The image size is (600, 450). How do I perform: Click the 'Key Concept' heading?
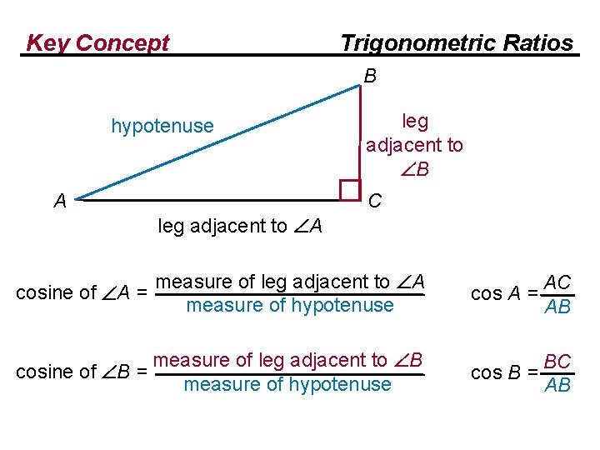coord(97,42)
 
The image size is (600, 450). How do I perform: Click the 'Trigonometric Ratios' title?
coord(457,42)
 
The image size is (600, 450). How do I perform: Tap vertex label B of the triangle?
coord(370,76)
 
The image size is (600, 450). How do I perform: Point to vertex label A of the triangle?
coord(60,201)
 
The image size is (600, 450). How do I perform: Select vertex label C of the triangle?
coord(375,201)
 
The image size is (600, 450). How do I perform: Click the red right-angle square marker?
coord(350,190)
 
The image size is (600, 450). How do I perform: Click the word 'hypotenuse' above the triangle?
coord(162,126)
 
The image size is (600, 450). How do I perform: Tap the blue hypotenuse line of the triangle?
coord(217,142)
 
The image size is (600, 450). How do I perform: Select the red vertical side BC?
coord(360,133)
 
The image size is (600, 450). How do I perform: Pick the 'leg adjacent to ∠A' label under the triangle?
coord(240,226)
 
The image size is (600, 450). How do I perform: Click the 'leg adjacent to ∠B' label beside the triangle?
coord(414,145)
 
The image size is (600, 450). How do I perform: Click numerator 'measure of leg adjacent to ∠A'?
coord(291,282)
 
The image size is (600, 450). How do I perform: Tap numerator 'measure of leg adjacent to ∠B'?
coord(289,361)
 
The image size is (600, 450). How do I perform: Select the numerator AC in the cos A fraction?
coord(556,282)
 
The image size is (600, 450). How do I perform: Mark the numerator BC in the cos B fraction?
coord(556,362)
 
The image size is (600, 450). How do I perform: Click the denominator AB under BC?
coord(556,385)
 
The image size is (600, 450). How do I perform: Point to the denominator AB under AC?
coord(556,307)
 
